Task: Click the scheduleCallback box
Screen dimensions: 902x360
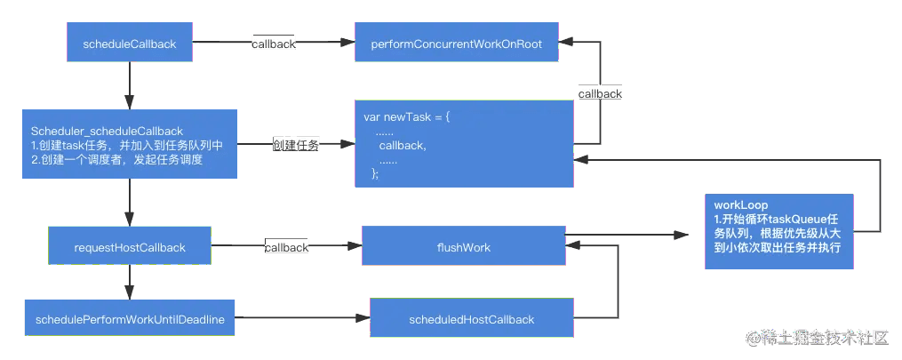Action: pyautogui.click(x=130, y=42)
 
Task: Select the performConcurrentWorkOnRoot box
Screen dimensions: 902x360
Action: pyautogui.click(x=457, y=42)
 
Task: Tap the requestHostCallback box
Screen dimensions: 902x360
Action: pyautogui.click(x=130, y=245)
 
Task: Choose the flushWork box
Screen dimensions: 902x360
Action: pyautogui.click(x=464, y=245)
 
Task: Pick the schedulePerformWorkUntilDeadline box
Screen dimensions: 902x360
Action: pyautogui.click(x=130, y=317)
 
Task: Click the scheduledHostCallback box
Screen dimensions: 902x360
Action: pyautogui.click(x=472, y=317)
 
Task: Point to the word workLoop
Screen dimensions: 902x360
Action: pyautogui.click(x=732, y=204)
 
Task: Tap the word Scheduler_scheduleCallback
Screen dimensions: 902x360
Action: pyautogui.click(x=108, y=132)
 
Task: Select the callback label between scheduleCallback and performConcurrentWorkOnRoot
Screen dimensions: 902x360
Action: pyautogui.click(x=274, y=44)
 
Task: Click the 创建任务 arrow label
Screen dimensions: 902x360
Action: pyautogui.click(x=296, y=146)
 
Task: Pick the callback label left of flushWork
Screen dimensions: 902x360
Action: pyautogui.click(x=286, y=247)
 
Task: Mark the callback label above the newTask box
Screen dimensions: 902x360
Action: pyautogui.click(x=600, y=93)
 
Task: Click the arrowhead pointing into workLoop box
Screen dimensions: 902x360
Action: pyautogui.click(x=682, y=235)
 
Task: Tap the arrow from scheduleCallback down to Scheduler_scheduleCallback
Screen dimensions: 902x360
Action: pyautogui.click(x=130, y=85)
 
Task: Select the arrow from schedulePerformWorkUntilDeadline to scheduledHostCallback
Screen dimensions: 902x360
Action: pyautogui.click(x=302, y=317)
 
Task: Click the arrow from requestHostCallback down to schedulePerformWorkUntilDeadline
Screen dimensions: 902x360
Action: pyautogui.click(x=130, y=282)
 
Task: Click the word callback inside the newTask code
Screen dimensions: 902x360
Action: pyautogui.click(x=403, y=146)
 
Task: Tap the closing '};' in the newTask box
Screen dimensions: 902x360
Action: pyautogui.click(x=376, y=173)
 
